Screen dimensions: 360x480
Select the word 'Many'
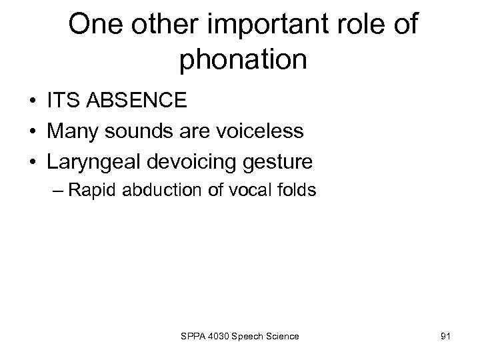[72, 131]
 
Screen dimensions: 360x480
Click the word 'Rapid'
[91, 190]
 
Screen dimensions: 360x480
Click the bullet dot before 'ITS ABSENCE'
[32, 102]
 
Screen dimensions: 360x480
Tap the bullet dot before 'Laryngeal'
[32, 161]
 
